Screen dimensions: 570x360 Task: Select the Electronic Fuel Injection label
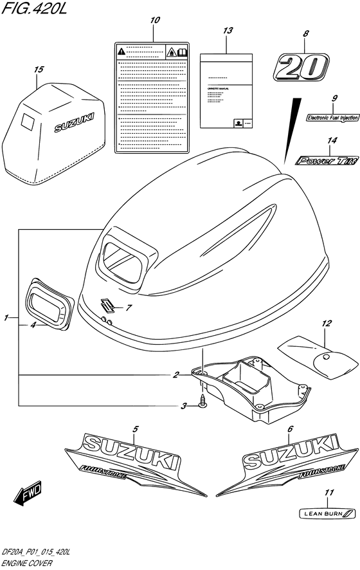pos(332,118)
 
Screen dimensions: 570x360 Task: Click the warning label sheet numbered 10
pos(152,97)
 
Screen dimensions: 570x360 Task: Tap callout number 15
pos(39,69)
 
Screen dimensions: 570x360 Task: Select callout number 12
pos(326,323)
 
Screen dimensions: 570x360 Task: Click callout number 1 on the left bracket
pos(6,317)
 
